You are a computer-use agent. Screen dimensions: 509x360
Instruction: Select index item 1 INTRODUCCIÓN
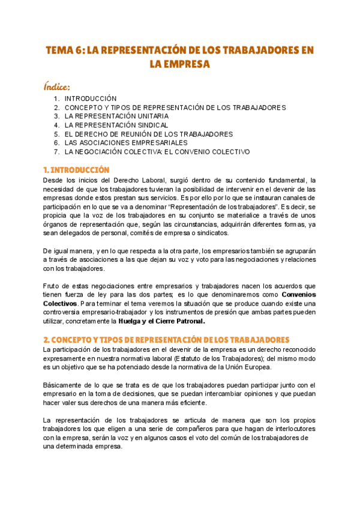[x=91, y=98]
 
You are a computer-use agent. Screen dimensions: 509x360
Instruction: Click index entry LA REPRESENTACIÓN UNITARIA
[x=116, y=116]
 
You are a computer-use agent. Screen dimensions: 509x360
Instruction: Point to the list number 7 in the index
[x=56, y=152]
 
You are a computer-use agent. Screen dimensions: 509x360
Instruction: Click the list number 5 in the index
[x=56, y=134]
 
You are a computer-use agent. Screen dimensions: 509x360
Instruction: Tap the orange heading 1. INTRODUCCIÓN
[x=76, y=170]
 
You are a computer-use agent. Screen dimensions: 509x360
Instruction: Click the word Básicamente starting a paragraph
[x=65, y=385]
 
